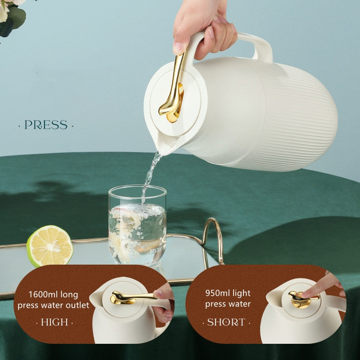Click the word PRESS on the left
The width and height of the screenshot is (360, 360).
46,125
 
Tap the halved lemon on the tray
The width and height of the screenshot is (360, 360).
49,246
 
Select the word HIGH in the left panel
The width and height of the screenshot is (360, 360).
54,322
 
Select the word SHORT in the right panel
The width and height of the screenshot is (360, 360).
226,322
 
